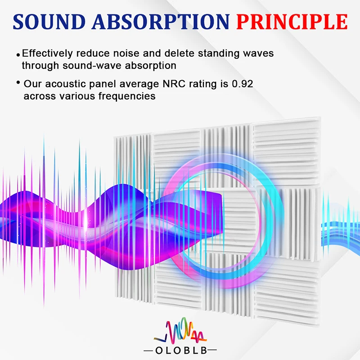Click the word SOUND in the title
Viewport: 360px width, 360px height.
pos(49,22)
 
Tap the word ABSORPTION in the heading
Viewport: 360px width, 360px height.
pos(161,22)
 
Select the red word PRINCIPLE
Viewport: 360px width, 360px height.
pos(292,22)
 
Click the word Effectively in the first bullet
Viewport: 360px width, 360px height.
pos(47,54)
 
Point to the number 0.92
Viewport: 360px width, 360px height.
pos(243,84)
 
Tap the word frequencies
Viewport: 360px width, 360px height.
pos(127,96)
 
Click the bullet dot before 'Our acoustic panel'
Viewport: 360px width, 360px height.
pos(18,82)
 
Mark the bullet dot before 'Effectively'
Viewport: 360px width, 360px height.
pos(18,55)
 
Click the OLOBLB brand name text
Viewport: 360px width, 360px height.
pos(181,351)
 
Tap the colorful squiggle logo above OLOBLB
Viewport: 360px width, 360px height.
pos(180,330)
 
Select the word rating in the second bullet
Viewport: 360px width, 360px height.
pos(203,84)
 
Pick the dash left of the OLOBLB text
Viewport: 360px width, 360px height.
pos(148,351)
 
